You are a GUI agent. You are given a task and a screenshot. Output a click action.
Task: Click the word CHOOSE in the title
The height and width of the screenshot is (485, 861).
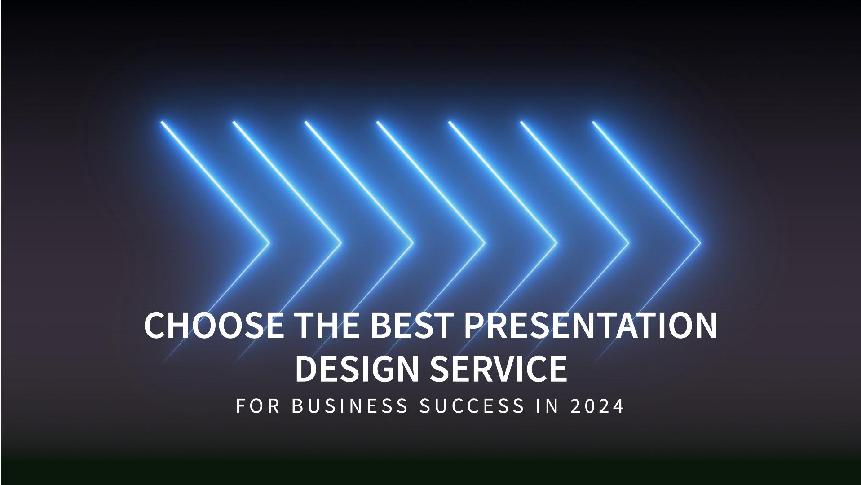pyautogui.click(x=214, y=325)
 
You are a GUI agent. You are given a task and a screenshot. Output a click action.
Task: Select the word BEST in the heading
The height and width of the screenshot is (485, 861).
pyautogui.click(x=411, y=325)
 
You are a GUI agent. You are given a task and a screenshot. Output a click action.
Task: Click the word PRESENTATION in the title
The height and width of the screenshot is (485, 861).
pyautogui.click(x=590, y=325)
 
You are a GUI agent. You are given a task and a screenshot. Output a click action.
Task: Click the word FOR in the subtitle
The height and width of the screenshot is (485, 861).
pyautogui.click(x=258, y=406)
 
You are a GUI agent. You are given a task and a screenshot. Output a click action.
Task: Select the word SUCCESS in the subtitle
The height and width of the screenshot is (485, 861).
pyautogui.click(x=472, y=406)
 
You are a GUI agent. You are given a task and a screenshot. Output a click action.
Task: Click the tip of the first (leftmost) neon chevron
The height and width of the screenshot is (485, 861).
pyautogui.click(x=269, y=243)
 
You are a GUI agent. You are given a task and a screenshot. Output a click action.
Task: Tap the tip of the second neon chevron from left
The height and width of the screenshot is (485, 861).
pyautogui.click(x=340, y=243)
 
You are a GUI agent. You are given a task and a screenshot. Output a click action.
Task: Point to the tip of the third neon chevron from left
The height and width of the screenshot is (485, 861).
pyautogui.click(x=412, y=243)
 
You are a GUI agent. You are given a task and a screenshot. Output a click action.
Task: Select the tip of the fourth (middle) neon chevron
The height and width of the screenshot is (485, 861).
pyautogui.click(x=484, y=243)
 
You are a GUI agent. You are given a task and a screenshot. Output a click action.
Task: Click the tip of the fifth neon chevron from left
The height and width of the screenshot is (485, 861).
pyautogui.click(x=556, y=243)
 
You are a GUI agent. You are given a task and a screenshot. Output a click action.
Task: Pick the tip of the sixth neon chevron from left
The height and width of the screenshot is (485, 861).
pyautogui.click(x=628, y=243)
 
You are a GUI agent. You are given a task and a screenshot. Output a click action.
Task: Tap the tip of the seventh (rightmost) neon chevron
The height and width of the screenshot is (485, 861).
pyautogui.click(x=700, y=243)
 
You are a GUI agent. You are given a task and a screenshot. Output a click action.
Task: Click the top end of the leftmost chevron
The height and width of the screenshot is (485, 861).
pyautogui.click(x=162, y=122)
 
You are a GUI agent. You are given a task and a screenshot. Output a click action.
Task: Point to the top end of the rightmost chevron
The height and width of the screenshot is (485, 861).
pyautogui.click(x=593, y=122)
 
